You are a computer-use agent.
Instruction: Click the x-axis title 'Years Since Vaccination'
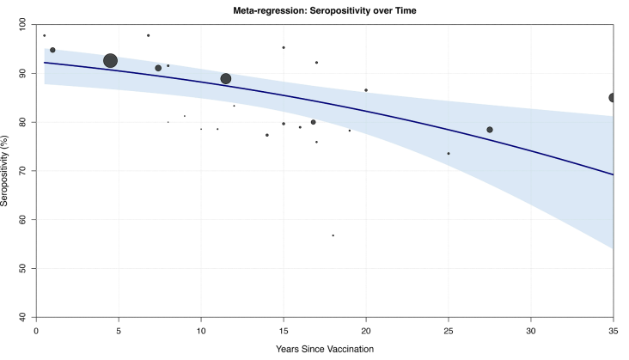click(x=324, y=348)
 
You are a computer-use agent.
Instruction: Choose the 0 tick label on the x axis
click(x=36, y=329)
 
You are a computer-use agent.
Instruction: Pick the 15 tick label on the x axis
click(x=284, y=329)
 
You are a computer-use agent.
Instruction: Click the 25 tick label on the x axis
click(x=449, y=329)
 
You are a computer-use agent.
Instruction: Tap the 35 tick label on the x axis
click(x=614, y=329)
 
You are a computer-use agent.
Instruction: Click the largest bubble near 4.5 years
click(x=110, y=60)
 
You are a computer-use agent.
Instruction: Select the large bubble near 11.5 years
click(x=226, y=79)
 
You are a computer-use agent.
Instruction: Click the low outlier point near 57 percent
click(x=333, y=235)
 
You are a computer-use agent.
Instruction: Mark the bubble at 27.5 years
click(x=490, y=130)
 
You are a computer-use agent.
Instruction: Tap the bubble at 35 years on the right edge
click(x=613, y=98)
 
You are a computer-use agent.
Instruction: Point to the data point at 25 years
click(x=449, y=154)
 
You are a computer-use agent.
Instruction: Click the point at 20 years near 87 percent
click(x=366, y=90)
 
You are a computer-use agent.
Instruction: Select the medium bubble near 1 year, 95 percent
click(x=52, y=50)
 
